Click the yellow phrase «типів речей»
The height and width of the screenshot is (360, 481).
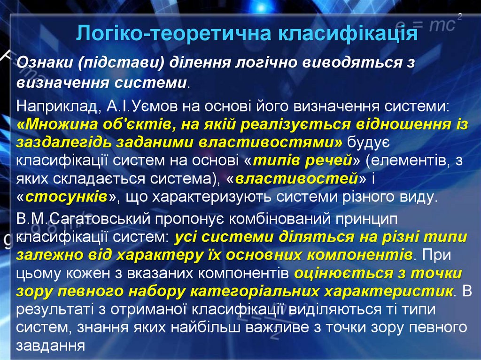pos(303,161)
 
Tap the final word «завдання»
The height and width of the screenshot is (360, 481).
pos(50,345)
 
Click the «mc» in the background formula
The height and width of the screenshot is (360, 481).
pos(442,26)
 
